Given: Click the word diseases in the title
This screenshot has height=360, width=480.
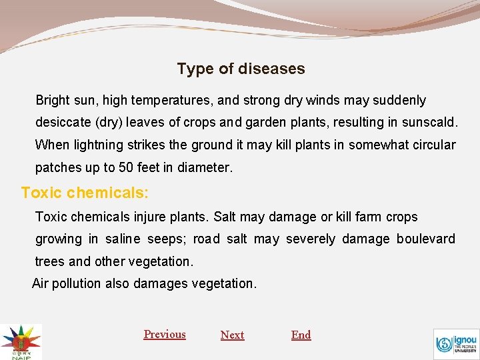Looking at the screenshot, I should pyautogui.click(x=273, y=69).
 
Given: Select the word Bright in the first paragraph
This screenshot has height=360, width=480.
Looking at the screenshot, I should pyautogui.click(x=52, y=101).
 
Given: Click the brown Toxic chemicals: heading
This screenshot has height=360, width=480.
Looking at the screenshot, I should pyautogui.click(x=85, y=193).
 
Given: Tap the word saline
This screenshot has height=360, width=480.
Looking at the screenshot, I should pyautogui.click(x=122, y=239).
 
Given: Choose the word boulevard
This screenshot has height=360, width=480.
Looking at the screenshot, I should pyautogui.click(x=425, y=239).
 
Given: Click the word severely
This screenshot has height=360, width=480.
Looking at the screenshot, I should pyautogui.click(x=311, y=239).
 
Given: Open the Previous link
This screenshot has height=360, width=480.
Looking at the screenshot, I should pyautogui.click(x=165, y=335).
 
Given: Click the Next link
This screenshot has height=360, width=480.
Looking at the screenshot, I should pyautogui.click(x=232, y=335).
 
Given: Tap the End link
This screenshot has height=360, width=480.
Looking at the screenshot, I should pyautogui.click(x=301, y=335).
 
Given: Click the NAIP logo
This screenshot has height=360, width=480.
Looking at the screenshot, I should pyautogui.click(x=20, y=342).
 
